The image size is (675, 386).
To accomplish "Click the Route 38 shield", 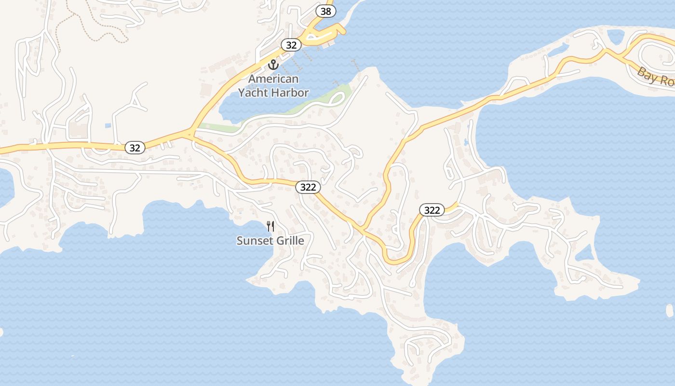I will click(x=326, y=11).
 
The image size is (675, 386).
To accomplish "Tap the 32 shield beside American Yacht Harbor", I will click(x=291, y=45).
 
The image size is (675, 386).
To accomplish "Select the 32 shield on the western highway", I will click(x=135, y=148).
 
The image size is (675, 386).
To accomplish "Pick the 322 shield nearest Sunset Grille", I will click(x=308, y=187).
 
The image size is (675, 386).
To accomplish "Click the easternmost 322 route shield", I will click(x=432, y=210).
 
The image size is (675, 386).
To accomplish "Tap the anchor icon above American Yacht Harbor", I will click(x=273, y=64).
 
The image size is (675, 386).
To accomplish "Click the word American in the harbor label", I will click(x=273, y=79).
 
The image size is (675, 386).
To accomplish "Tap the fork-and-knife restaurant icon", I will click(x=270, y=226).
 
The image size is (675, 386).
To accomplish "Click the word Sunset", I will click(x=255, y=240).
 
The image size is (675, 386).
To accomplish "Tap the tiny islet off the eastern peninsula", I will click(x=669, y=310).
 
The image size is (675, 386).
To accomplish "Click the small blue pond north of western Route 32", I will click(x=108, y=125).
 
